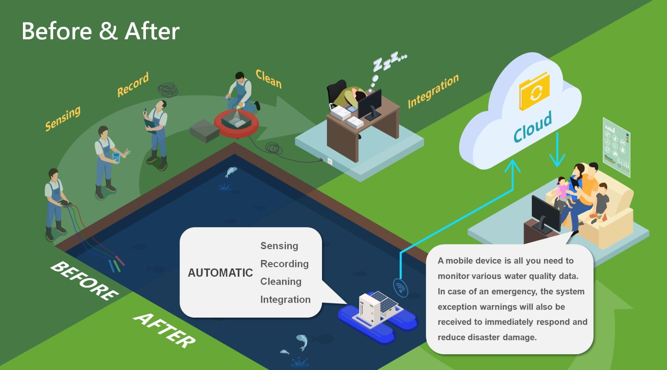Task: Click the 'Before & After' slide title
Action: (x=100, y=31)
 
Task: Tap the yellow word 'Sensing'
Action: (x=63, y=118)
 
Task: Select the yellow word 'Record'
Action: (x=133, y=84)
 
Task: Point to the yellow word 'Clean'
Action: (x=269, y=79)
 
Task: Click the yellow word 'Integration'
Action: (x=433, y=91)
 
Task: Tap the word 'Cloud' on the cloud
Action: (x=533, y=127)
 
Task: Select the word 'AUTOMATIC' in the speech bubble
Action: (x=220, y=273)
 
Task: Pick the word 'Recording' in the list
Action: (x=284, y=264)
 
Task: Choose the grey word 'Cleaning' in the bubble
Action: (x=281, y=281)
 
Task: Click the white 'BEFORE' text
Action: (x=84, y=281)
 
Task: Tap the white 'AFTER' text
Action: (x=165, y=330)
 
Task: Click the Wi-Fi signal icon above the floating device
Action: (x=401, y=288)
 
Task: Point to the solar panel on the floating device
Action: (x=385, y=301)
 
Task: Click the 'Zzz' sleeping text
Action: (x=388, y=62)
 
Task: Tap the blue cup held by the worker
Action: (x=116, y=157)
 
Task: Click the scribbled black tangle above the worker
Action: (x=168, y=90)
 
